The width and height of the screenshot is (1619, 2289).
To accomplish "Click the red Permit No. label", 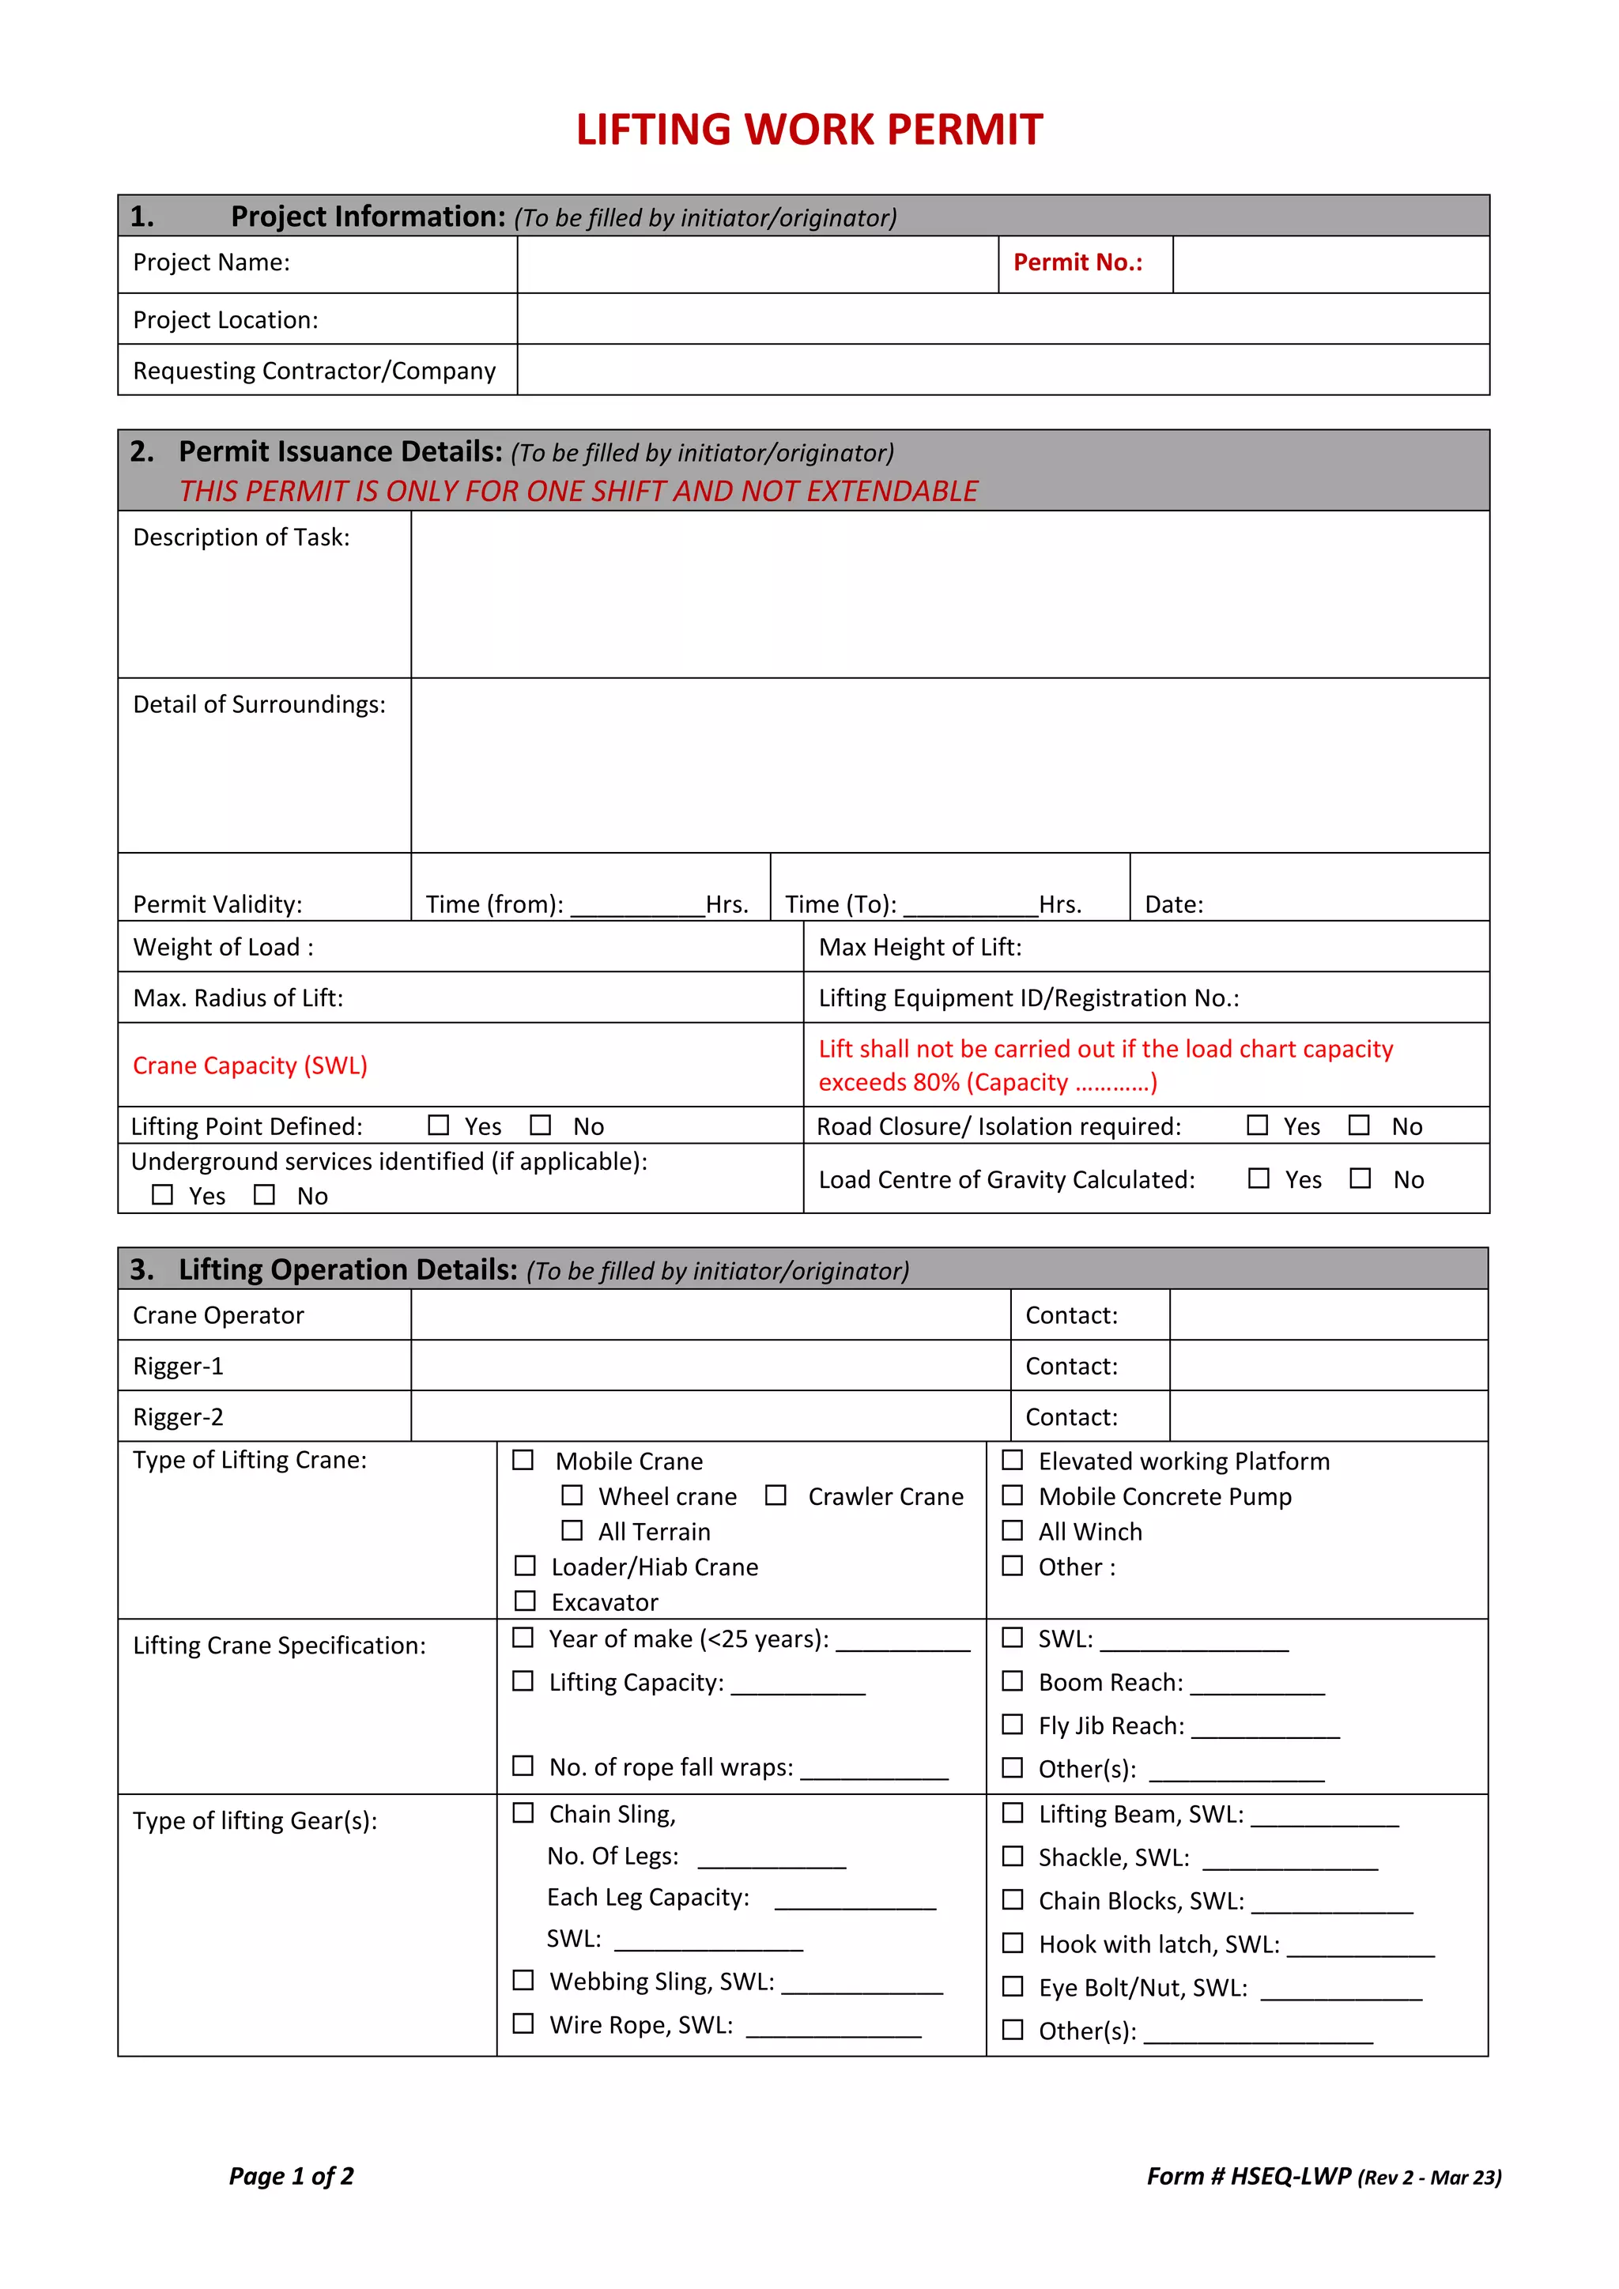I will (1077, 262).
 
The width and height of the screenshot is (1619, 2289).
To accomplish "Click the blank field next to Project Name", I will (757, 264).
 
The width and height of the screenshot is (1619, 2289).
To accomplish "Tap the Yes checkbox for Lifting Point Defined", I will (438, 1125).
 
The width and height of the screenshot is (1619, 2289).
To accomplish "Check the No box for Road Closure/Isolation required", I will (1358, 1125).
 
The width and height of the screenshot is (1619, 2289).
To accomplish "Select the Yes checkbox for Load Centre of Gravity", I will (1259, 1178).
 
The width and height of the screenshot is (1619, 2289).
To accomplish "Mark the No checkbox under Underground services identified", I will (264, 1194).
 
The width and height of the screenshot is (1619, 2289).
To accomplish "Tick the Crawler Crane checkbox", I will (776, 1495).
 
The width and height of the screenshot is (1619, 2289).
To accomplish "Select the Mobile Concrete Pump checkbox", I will (1012, 1495).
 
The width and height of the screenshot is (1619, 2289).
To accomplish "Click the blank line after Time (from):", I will (637, 905).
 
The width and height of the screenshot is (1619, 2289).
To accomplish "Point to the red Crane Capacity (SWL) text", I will (251, 1065).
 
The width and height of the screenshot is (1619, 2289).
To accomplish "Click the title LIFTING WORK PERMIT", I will (809, 130).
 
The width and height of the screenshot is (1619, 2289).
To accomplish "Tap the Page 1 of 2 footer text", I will (291, 2175).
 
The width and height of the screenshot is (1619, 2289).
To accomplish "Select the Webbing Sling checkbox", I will (523, 1980).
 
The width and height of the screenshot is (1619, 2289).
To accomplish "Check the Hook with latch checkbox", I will (1012, 1942).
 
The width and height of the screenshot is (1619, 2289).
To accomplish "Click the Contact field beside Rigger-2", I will (1328, 1416).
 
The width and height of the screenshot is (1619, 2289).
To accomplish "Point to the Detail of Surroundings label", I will (259, 705).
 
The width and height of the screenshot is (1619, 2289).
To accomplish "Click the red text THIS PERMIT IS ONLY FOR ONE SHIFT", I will (578, 492).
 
